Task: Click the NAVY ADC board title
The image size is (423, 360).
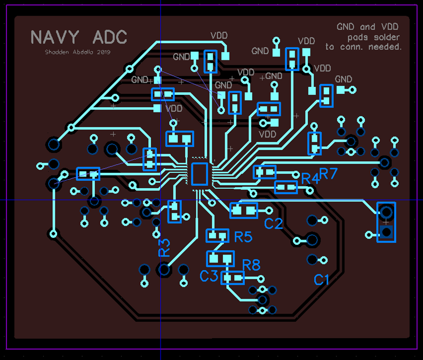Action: pyautogui.click(x=79, y=37)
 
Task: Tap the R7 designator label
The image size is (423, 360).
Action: pyautogui.click(x=329, y=173)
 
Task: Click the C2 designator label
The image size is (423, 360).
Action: pyautogui.click(x=274, y=223)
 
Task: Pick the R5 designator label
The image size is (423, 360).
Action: pyautogui.click(x=243, y=237)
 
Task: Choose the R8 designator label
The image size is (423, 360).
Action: pyautogui.click(x=251, y=264)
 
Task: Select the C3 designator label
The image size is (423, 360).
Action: pyautogui.click(x=209, y=276)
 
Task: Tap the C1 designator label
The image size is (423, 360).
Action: pyautogui.click(x=322, y=279)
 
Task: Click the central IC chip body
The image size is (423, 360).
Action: pyautogui.click(x=199, y=174)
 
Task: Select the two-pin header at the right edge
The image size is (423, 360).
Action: pyautogui.click(x=386, y=221)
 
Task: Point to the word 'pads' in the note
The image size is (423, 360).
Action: pyautogui.click(x=358, y=37)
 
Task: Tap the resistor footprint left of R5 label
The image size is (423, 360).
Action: pyautogui.click(x=217, y=235)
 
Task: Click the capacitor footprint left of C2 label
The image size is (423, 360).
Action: pyautogui.click(x=243, y=210)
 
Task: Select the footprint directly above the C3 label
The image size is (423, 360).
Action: pyautogui.click(x=220, y=259)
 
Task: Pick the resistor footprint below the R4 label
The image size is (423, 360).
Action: pyautogui.click(x=285, y=187)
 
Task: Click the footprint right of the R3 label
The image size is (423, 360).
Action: pyautogui.click(x=175, y=212)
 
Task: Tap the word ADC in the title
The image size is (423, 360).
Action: pyautogui.click(x=110, y=37)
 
